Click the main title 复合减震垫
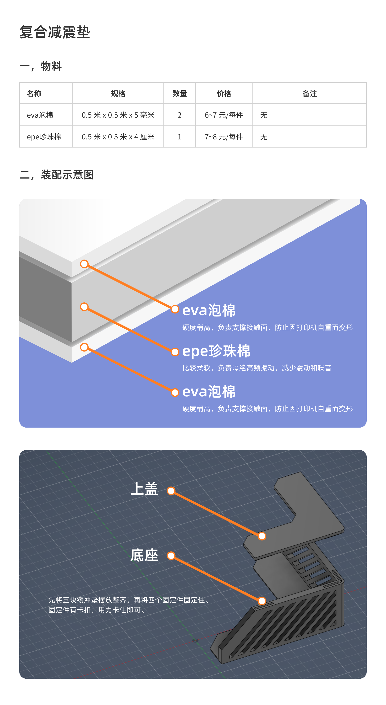pyautogui.click(x=55, y=32)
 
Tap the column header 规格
pyautogui.click(x=118, y=94)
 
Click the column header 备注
pyautogui.click(x=309, y=94)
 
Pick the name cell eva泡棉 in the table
pyautogui.click(x=40, y=115)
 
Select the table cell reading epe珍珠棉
pyautogui.click(x=44, y=137)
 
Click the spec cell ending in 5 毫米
pyautogui.click(x=118, y=115)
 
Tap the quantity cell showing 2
pyautogui.click(x=180, y=115)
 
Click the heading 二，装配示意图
pyautogui.click(x=56, y=175)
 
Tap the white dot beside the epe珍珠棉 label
pyautogui.click(x=175, y=352)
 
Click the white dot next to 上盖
pyautogui.click(x=171, y=491)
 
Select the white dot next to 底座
pyautogui.click(x=171, y=556)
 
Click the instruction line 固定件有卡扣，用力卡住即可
pyautogui.click(x=97, y=610)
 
